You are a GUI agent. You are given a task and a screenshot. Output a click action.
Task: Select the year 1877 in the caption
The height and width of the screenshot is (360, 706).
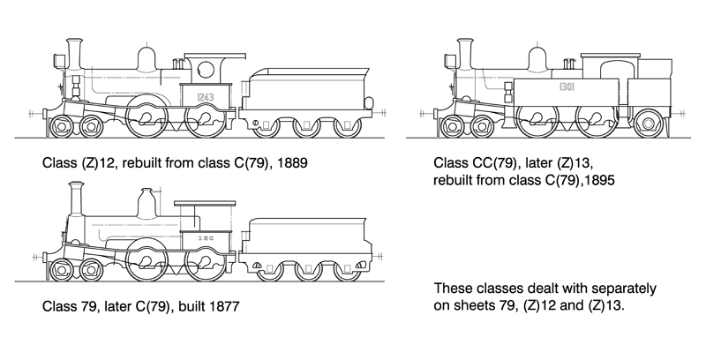(222, 307)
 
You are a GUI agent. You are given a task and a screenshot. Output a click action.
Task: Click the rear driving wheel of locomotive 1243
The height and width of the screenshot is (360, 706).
(207, 121)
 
